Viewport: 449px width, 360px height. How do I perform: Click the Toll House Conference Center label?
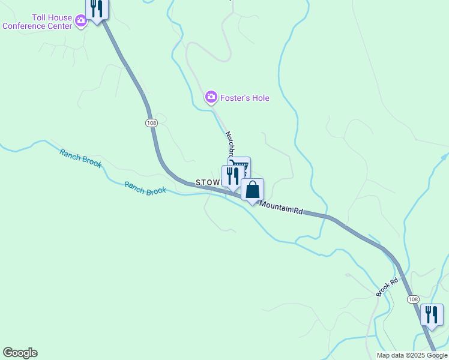37,22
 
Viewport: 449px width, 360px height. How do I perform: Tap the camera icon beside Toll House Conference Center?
81,22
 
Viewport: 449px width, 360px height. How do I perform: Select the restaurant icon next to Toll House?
97,8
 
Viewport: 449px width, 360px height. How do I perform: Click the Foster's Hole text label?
244,98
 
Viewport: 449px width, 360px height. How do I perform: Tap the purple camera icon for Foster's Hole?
211,97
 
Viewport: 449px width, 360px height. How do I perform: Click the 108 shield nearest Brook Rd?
412,299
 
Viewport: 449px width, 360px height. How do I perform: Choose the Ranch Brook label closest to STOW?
145,188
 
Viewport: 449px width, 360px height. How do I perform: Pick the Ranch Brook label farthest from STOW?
80,158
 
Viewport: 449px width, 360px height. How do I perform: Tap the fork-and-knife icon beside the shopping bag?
232,176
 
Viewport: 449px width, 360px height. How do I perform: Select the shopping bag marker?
253,190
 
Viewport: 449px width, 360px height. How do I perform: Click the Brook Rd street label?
387,287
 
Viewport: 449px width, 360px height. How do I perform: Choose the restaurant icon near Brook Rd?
432,314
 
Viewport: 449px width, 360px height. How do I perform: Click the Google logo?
20,353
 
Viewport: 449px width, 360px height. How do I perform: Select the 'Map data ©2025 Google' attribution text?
412,355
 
